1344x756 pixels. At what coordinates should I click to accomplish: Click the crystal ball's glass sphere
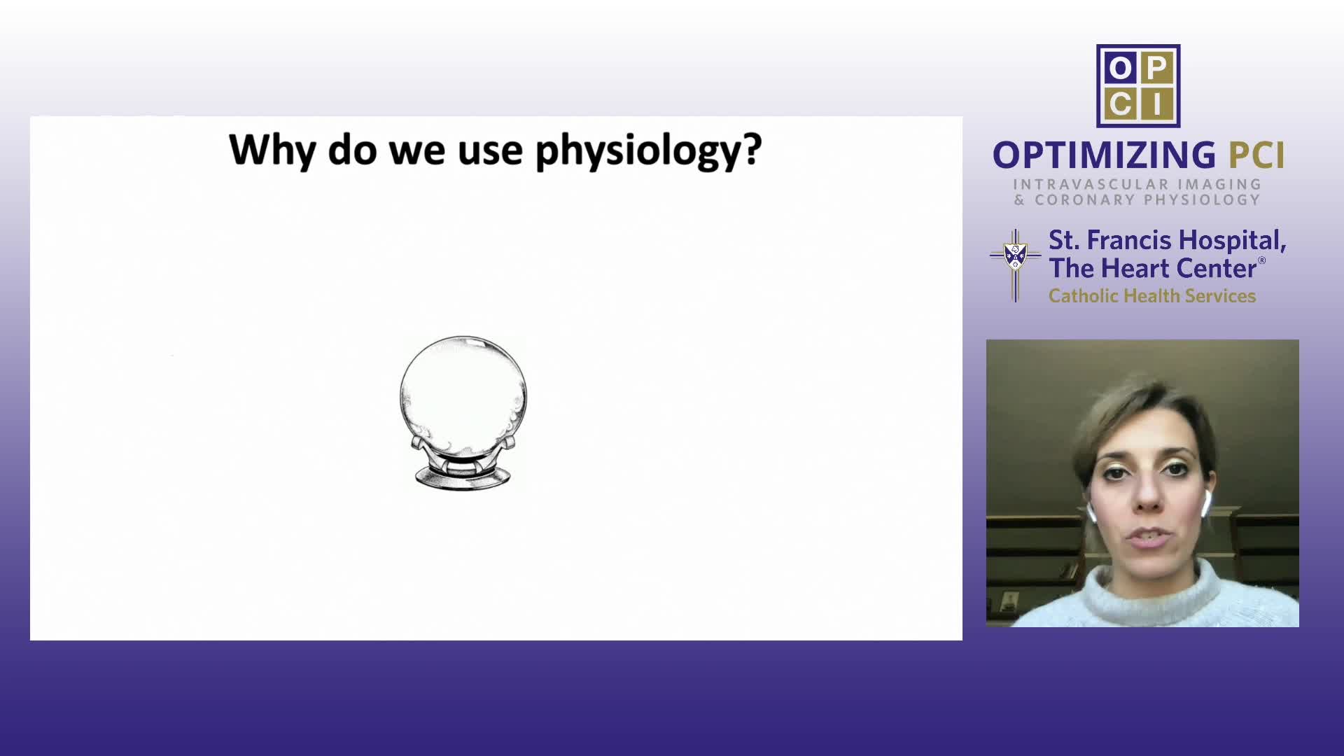[463, 396]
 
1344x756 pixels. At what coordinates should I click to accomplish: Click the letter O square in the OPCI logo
[1119, 68]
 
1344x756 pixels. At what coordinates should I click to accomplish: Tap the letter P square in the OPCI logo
[1156, 68]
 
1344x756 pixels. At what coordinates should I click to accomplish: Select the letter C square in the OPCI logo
[1119, 104]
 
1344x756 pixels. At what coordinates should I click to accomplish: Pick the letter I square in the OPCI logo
[1156, 104]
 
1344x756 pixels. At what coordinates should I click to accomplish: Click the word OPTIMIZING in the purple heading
[1104, 155]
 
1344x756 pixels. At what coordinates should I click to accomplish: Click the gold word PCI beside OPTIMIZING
[1256, 155]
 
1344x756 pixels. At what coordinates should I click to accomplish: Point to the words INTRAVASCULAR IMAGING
[1137, 185]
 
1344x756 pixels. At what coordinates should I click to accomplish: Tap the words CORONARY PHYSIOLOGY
[1147, 200]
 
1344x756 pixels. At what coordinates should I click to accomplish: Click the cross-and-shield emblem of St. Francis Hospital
[1015, 265]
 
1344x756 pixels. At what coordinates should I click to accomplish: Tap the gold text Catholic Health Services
[1152, 296]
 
